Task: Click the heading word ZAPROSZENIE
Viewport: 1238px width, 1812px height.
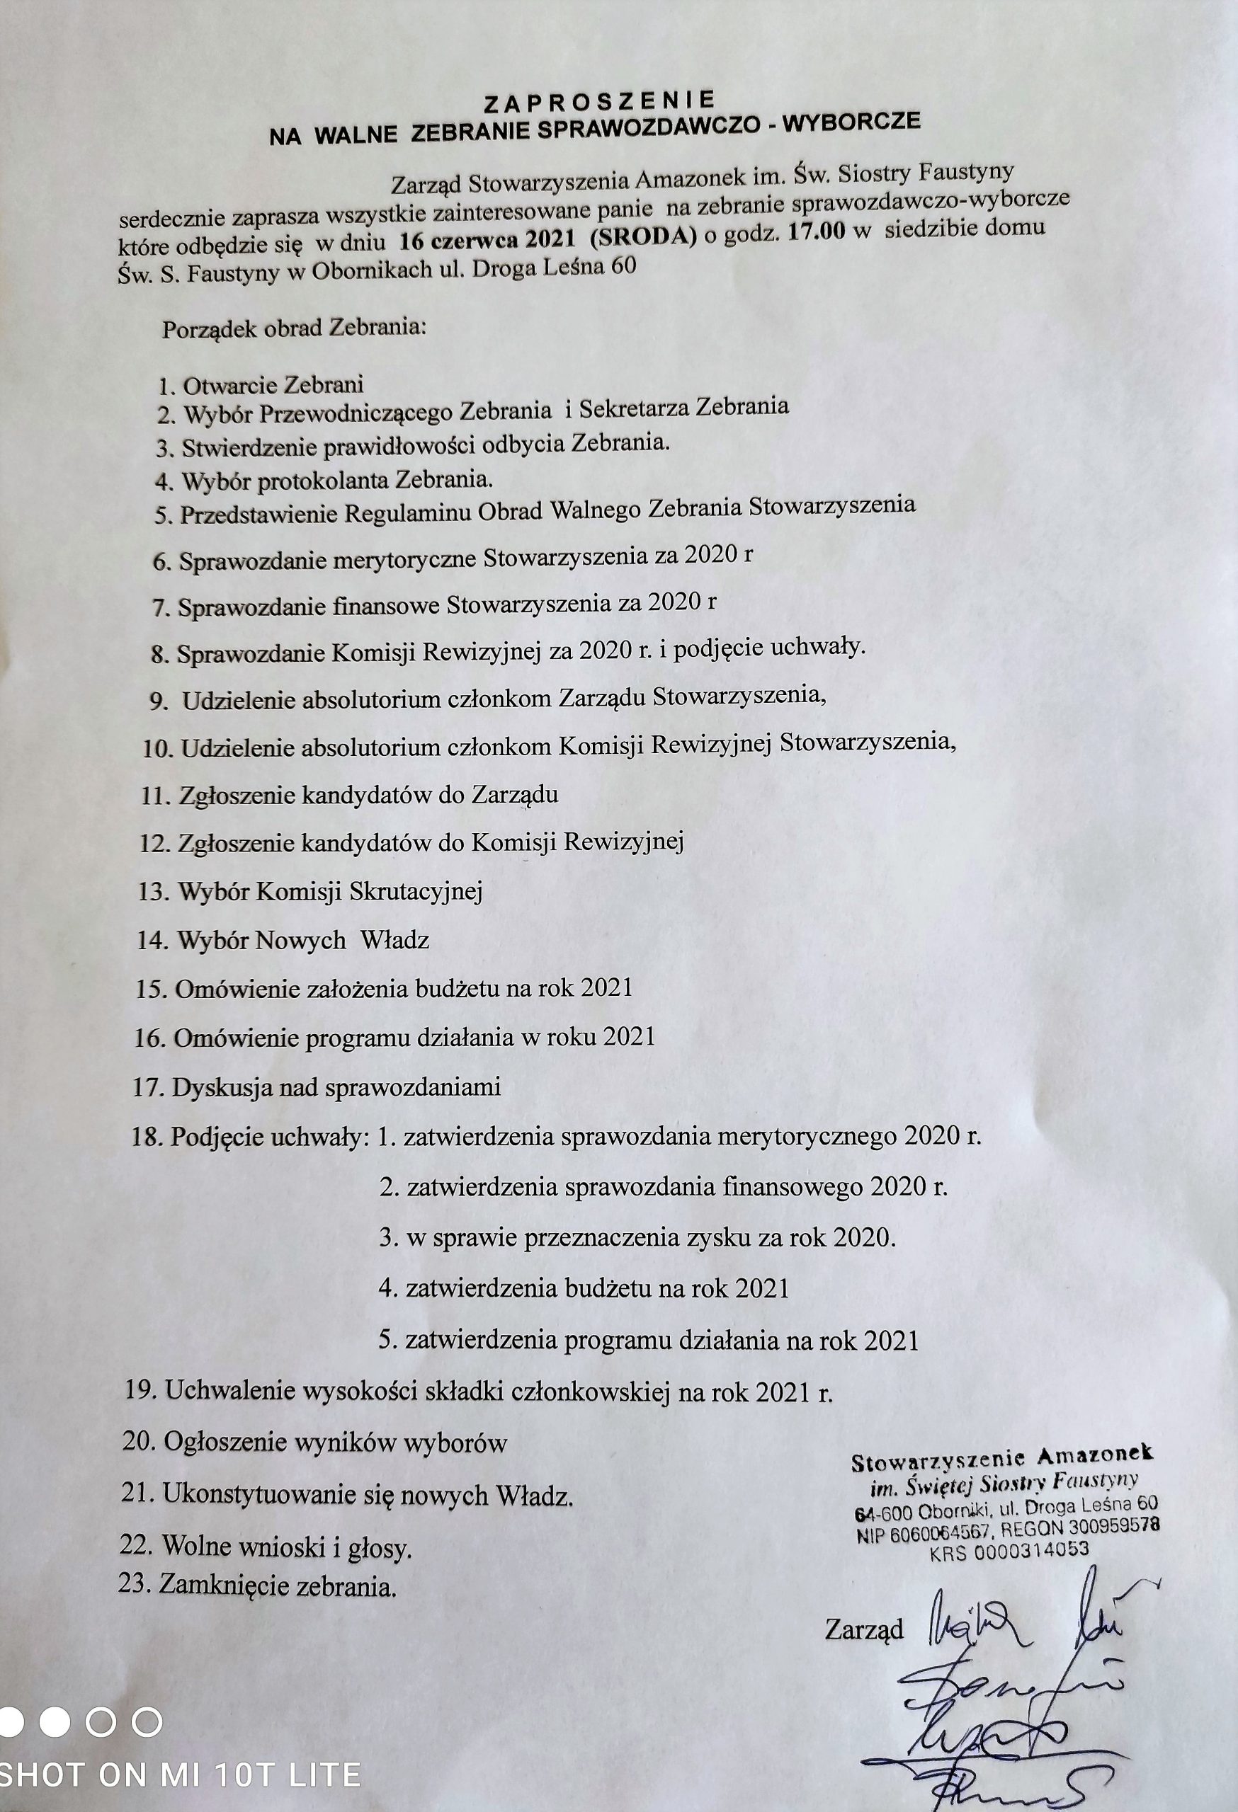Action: pos(599,101)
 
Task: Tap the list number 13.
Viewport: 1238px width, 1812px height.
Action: pos(153,892)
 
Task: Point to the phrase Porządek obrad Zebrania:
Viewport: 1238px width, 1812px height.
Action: pos(294,328)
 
